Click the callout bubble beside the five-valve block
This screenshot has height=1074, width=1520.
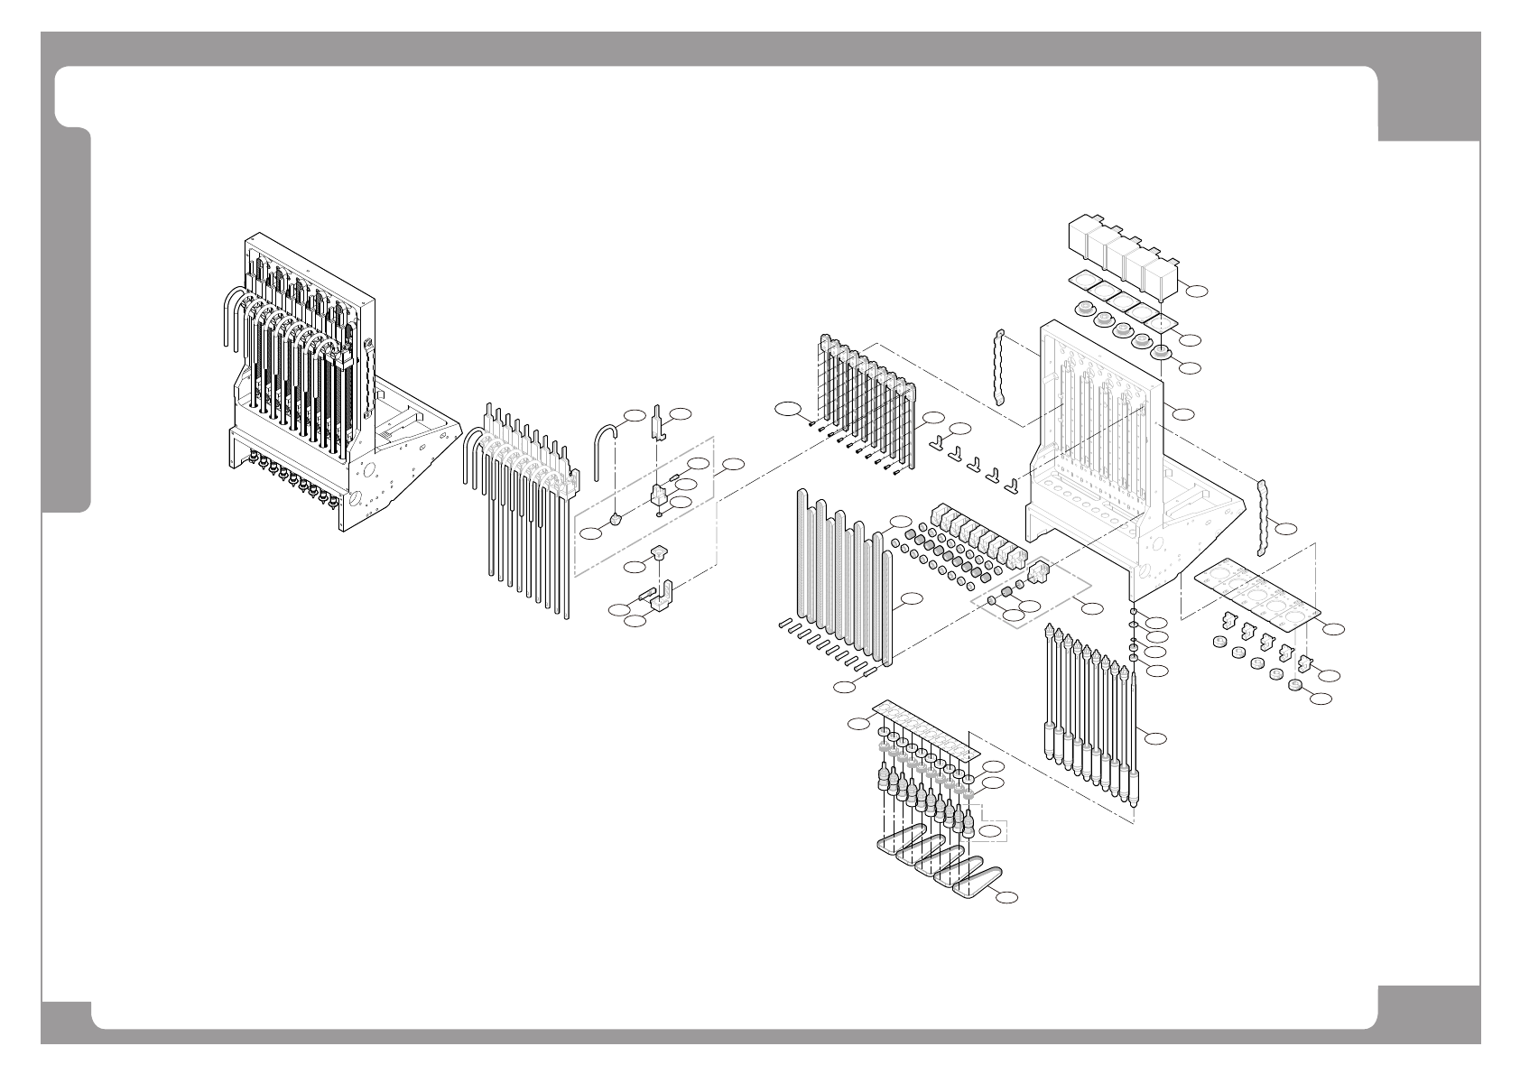[x=1196, y=291]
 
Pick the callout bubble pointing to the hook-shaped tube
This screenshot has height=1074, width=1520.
[x=635, y=415]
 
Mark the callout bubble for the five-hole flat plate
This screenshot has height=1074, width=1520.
[x=1333, y=628]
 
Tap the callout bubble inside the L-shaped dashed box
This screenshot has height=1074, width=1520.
[x=990, y=830]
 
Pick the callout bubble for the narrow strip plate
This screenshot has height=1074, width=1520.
[x=858, y=724]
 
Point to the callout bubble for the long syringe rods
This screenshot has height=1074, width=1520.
[x=1156, y=738]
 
